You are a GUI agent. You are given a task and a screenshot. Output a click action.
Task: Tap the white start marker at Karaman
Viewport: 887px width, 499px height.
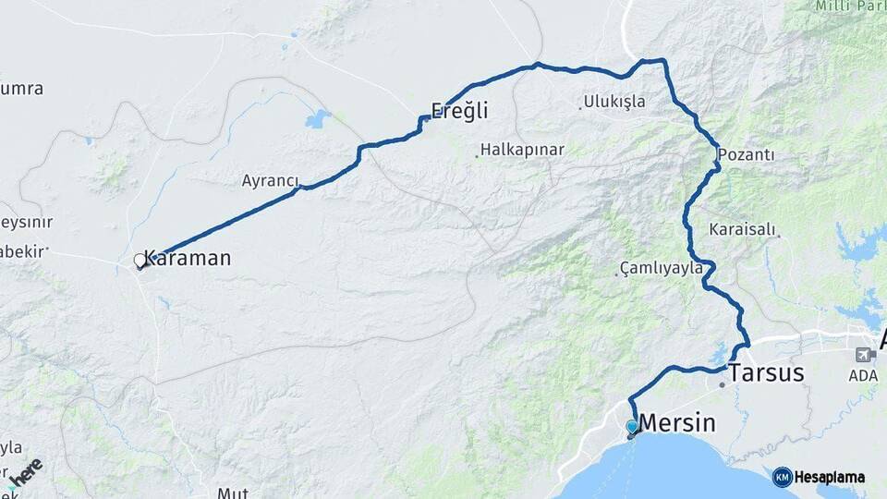click(140, 262)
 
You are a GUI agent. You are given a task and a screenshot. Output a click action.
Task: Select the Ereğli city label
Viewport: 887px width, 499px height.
click(459, 111)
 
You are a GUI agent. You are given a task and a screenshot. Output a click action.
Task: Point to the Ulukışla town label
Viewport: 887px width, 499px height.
click(614, 102)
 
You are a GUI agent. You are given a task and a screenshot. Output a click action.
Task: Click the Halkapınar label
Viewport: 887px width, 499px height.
click(522, 150)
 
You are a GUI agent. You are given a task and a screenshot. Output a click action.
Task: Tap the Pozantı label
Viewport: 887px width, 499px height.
click(746, 154)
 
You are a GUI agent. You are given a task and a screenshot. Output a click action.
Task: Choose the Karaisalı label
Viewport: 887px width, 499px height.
click(743, 228)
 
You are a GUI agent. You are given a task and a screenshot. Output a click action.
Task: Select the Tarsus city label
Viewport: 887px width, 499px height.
click(766, 373)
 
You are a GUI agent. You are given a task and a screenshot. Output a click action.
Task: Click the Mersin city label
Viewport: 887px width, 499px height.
click(677, 423)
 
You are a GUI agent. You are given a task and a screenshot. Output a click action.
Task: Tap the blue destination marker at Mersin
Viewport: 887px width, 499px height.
click(631, 427)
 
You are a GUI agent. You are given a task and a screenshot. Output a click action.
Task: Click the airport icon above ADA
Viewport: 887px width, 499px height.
click(864, 354)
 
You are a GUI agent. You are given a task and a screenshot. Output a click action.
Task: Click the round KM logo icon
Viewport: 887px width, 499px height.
click(782, 477)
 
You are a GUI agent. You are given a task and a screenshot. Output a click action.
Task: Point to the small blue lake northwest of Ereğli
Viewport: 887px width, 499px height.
click(318, 118)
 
